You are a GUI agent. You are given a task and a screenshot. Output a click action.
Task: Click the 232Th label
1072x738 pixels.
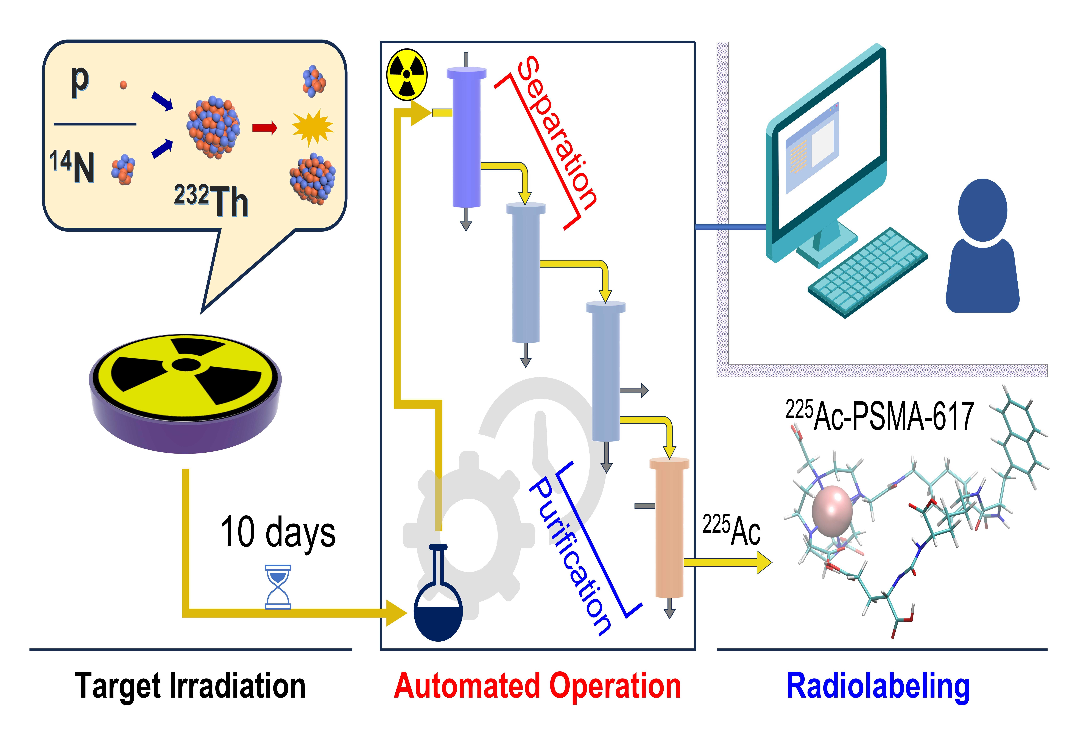(211, 200)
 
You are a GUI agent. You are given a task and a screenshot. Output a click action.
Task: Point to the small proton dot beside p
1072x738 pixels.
(123, 85)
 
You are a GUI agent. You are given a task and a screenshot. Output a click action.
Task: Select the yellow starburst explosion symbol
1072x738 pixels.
(312, 127)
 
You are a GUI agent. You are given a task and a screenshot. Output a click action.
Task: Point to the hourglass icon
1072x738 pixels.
(278, 586)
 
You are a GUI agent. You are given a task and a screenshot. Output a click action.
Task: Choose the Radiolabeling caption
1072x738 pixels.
(878, 686)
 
